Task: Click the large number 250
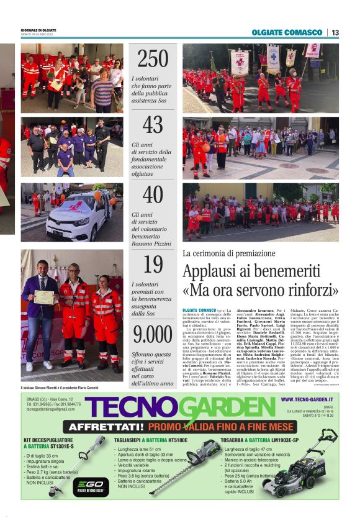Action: click(152, 58)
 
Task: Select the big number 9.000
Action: click(153, 334)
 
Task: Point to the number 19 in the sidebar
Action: click(153, 264)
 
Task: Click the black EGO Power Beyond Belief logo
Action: click(82, 485)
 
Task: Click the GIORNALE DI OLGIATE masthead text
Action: click(40, 30)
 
